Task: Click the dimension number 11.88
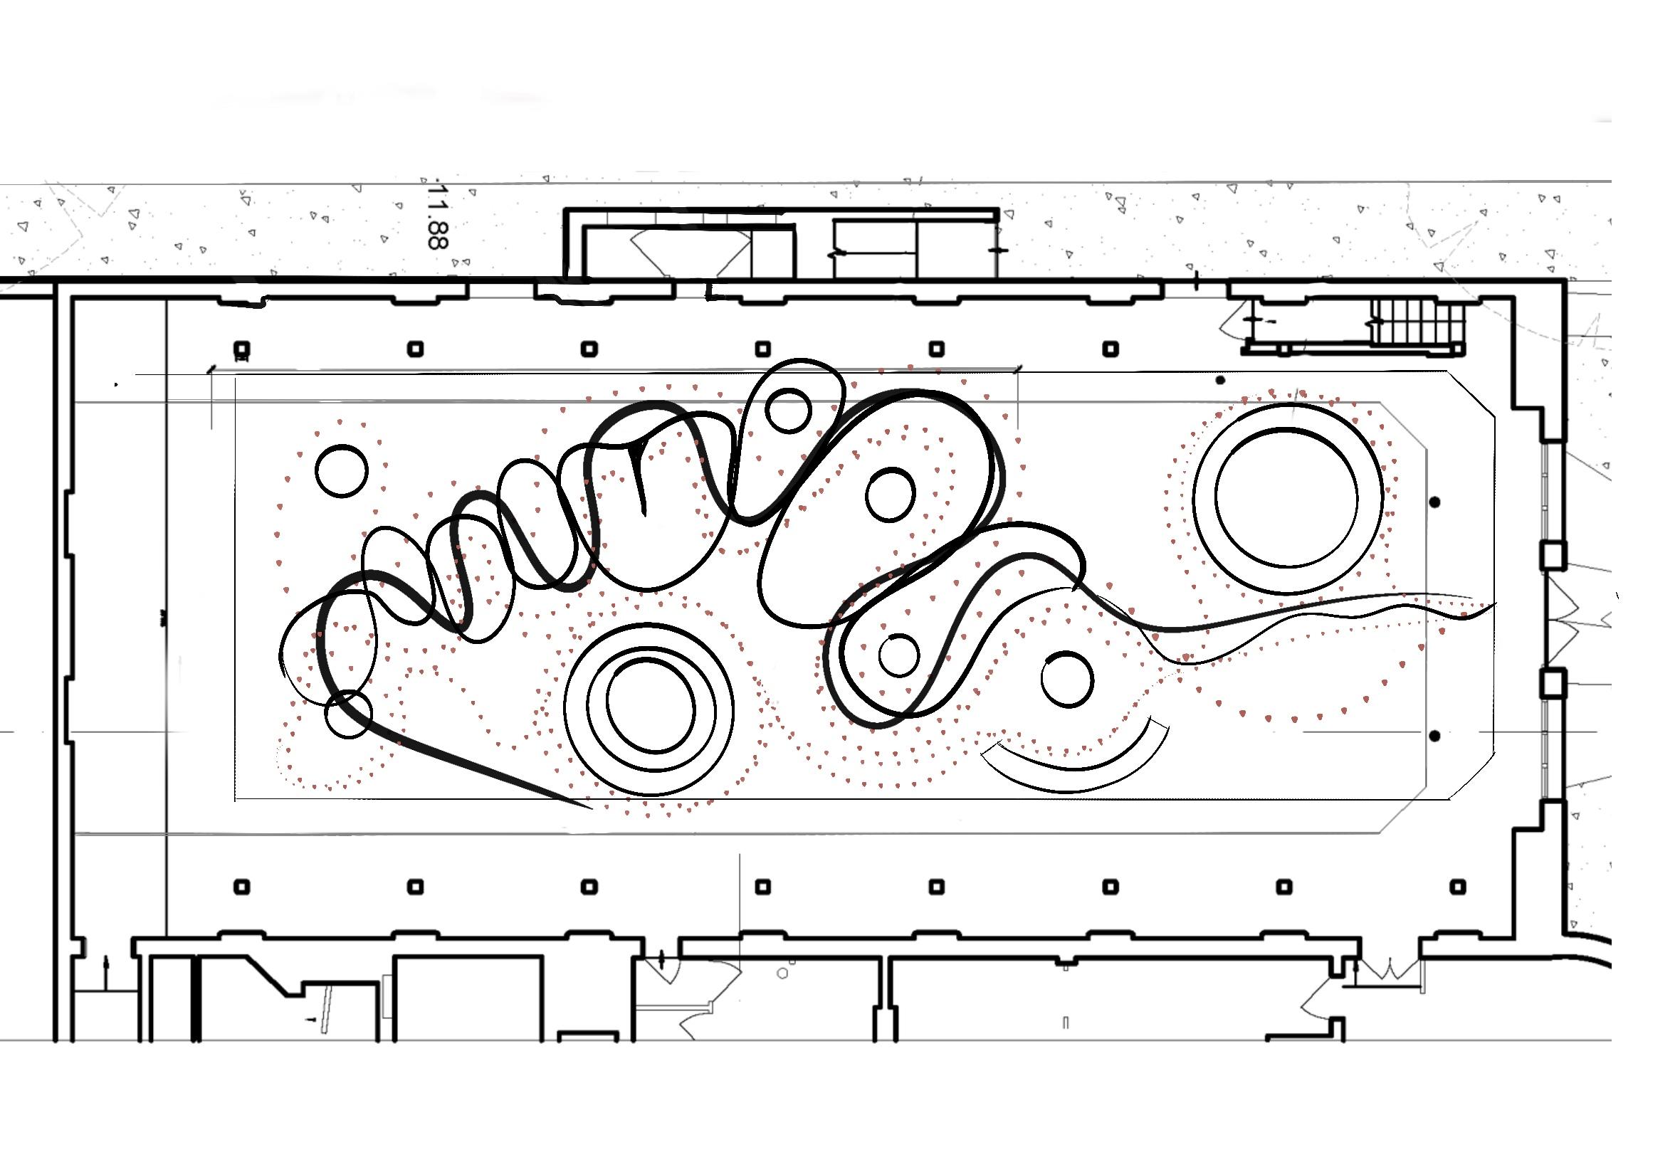pyautogui.click(x=436, y=215)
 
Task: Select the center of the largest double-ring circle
pyautogui.click(x=1287, y=499)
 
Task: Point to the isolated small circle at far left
pyautogui.click(x=342, y=471)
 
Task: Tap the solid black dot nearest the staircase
pyautogui.click(x=1220, y=380)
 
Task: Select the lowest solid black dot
pyautogui.click(x=1435, y=735)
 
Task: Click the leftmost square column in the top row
pyautogui.click(x=242, y=349)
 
